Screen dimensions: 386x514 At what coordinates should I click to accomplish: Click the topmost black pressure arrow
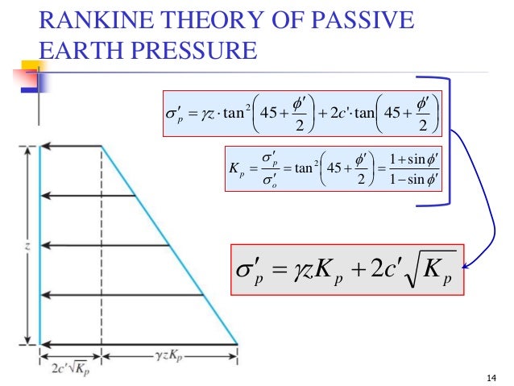72,146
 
